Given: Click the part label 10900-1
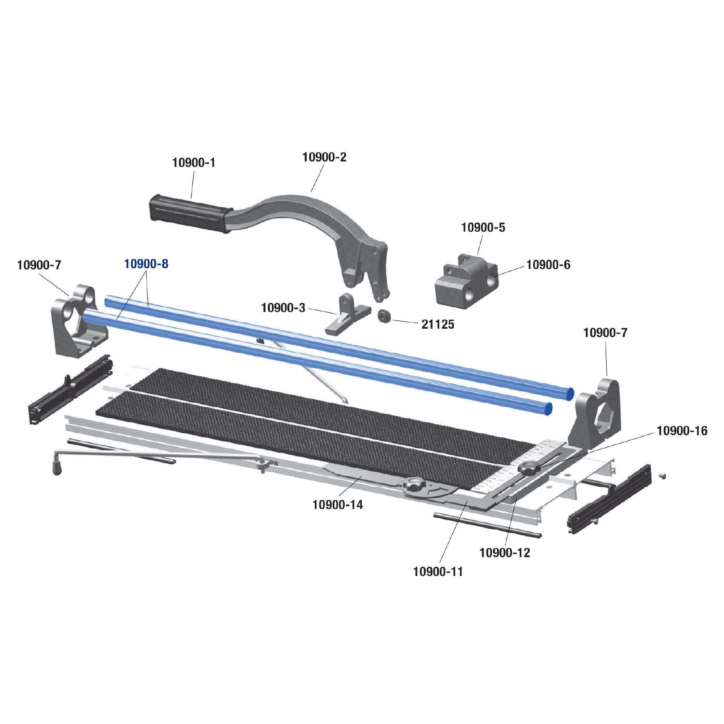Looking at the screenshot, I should pos(194,163).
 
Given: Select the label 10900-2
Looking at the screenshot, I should pos(324,157).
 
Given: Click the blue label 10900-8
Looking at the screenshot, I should pos(146,264).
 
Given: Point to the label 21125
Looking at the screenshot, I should pos(438,324).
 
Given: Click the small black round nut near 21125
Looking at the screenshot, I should pos(384,316).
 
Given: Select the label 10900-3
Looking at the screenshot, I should pos(283,308).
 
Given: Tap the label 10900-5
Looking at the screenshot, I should pos(483,227).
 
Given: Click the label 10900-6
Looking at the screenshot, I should pos(548,265).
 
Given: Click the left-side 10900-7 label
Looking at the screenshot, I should pos(39,265).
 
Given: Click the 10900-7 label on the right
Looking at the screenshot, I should pos(605,333).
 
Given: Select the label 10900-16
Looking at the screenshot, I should pos(682,431).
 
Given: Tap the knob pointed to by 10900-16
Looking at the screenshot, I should pos(529,468).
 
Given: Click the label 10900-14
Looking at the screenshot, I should pos(338,505).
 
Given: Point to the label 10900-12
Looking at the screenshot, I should pos(505,553).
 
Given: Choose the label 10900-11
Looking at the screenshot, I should pos(438,572).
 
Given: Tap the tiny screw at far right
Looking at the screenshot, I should pos(663,476).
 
